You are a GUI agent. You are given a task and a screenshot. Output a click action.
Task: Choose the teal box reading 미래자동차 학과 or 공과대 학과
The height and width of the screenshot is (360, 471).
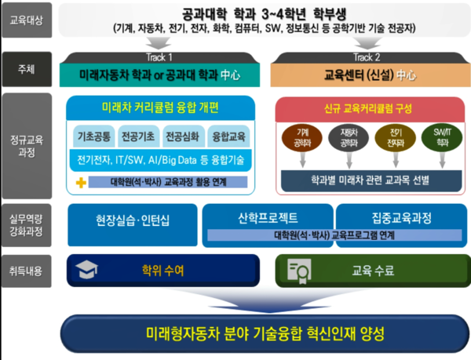[x=159, y=75]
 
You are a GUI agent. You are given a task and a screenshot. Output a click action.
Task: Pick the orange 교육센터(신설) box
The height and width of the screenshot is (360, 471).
[x=365, y=75]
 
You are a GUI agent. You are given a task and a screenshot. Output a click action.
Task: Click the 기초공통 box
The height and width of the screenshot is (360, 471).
[x=94, y=136]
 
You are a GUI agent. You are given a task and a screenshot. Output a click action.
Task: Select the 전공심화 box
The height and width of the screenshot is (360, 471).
[x=184, y=136]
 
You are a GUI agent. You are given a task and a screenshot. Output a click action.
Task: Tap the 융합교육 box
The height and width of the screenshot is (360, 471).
[x=228, y=136]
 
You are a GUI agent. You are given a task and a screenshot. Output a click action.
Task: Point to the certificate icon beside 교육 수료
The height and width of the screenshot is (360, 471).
[x=299, y=271]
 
